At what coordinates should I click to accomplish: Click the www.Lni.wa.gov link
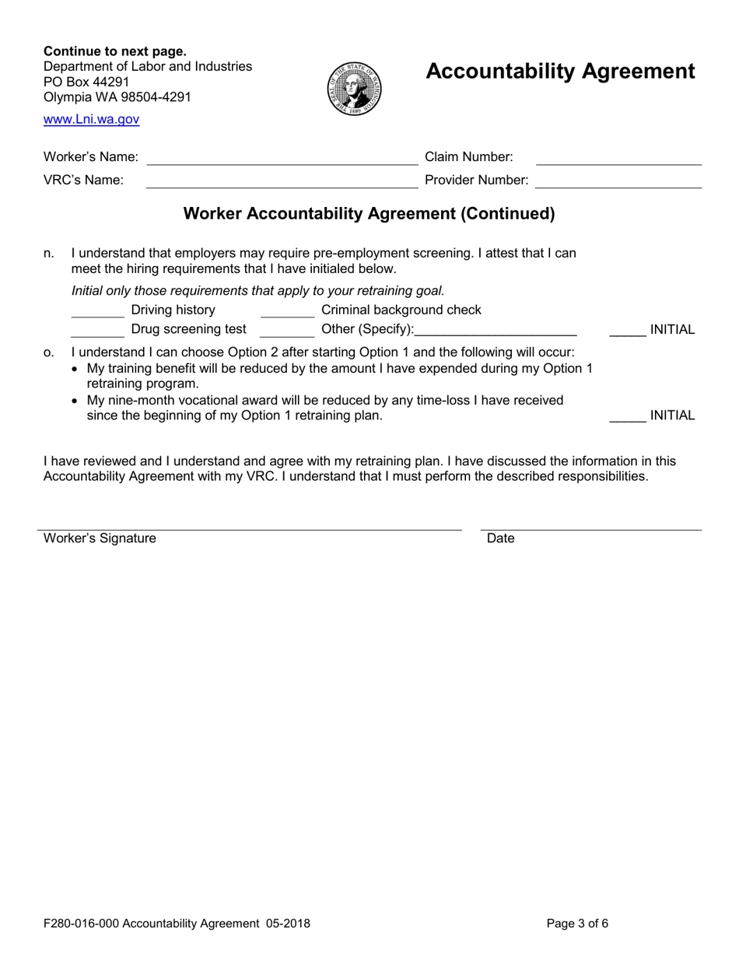(x=91, y=120)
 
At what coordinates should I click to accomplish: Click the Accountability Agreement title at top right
(x=560, y=72)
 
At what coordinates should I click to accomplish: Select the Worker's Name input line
(x=282, y=159)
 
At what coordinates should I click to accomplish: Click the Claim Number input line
(x=619, y=159)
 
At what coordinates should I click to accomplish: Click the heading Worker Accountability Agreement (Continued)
(x=369, y=214)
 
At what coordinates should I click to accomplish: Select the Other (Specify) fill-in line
(x=496, y=331)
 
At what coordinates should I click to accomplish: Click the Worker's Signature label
(x=100, y=538)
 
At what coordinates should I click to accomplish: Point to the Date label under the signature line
(x=500, y=538)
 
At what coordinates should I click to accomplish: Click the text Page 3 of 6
(x=577, y=924)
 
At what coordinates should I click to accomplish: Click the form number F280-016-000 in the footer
(x=81, y=924)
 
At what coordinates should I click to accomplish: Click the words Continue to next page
(x=114, y=51)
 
